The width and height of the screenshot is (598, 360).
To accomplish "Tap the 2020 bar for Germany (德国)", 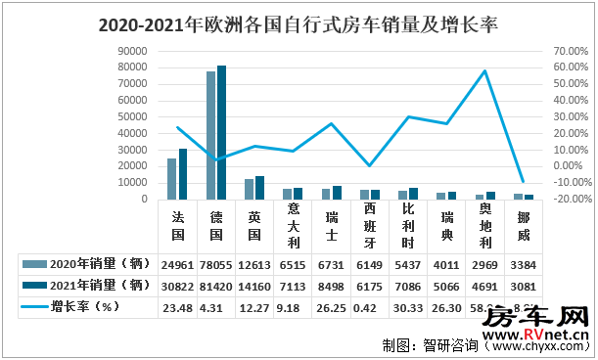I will pos(210,136).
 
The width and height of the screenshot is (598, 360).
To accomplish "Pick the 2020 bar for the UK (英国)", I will pos(249,189).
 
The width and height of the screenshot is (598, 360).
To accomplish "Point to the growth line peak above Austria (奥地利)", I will pos(484,70).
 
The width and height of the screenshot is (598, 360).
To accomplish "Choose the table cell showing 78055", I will pos(215,264).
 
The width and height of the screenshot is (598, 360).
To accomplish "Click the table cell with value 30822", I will pos(177,286).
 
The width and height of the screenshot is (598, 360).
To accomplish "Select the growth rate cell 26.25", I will pos(331,307).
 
